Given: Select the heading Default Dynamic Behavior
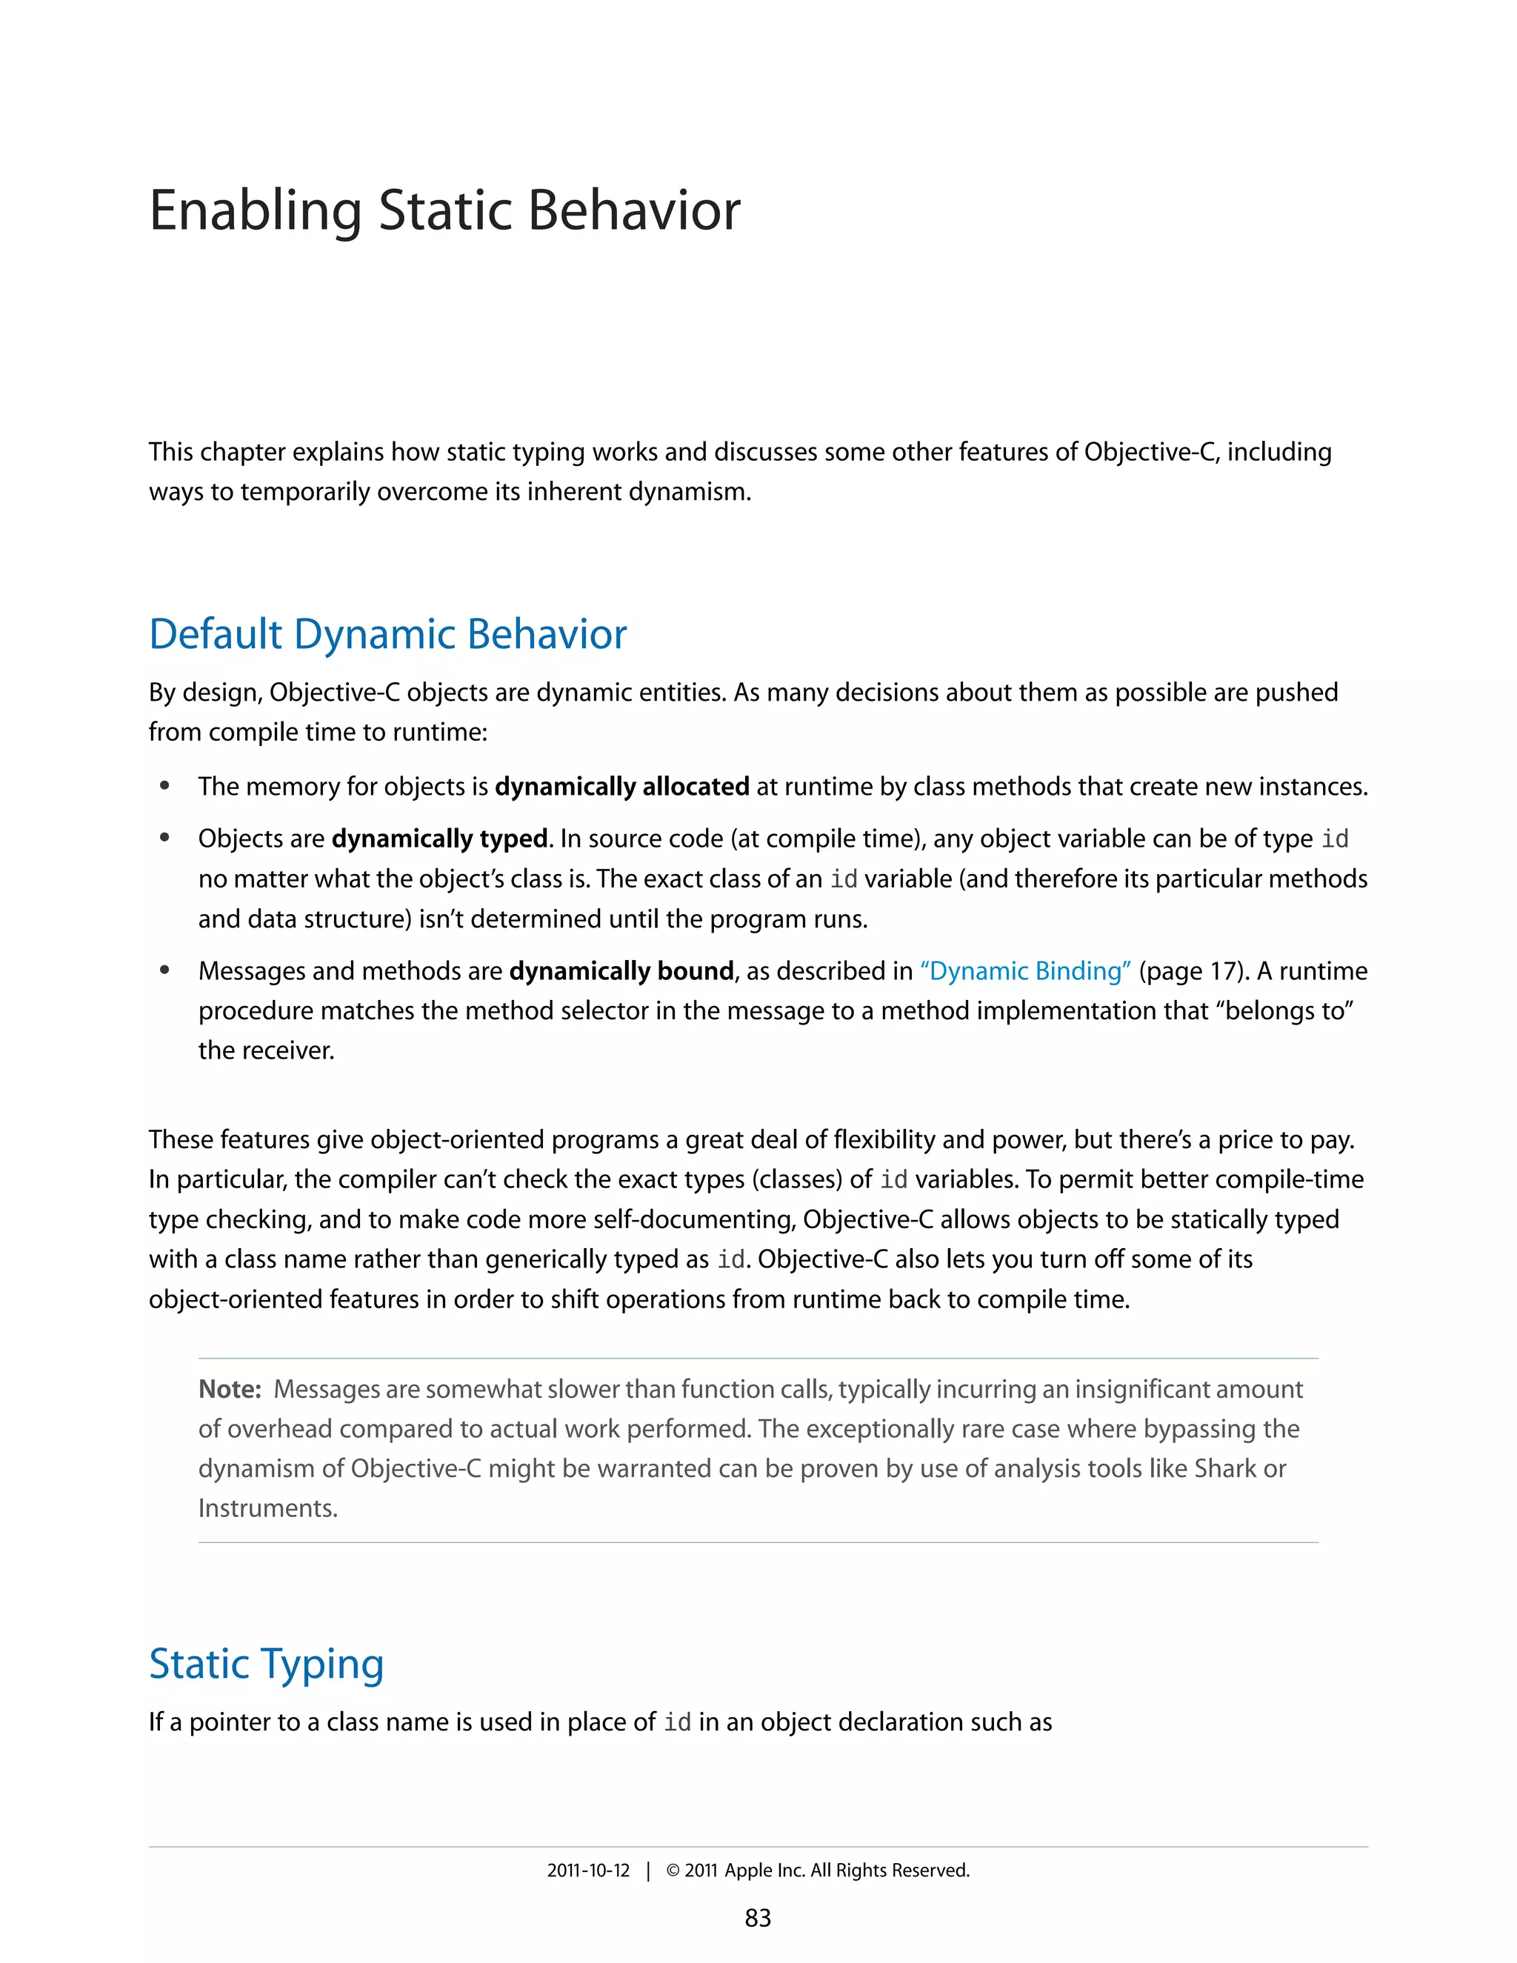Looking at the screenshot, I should point(387,635).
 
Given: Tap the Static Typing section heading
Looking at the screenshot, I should point(266,1664).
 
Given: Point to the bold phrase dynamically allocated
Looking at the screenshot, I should point(622,787).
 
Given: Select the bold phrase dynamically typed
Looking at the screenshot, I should point(439,839).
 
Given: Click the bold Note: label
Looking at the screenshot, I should point(229,1390).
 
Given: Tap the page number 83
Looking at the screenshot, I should point(758,1918).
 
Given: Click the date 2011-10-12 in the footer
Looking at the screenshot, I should point(589,1870).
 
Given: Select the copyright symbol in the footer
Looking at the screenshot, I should point(673,1870).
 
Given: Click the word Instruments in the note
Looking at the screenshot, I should point(266,1508).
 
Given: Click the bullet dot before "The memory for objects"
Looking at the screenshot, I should point(164,787).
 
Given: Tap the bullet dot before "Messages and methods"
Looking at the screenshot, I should point(164,970).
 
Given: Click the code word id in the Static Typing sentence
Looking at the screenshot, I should point(677,1722).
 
